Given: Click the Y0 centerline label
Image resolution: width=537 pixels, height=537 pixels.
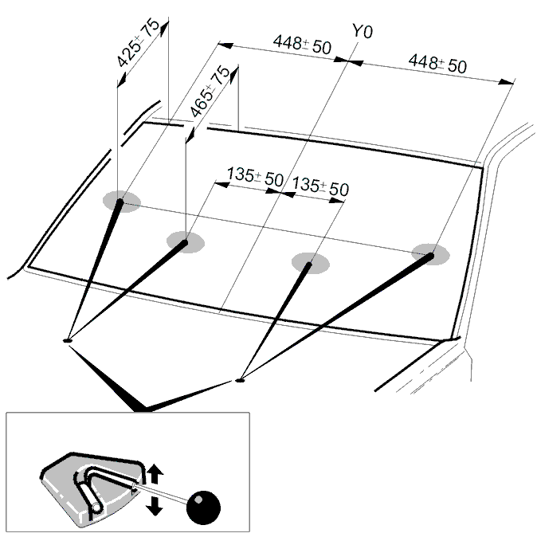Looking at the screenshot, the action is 363,31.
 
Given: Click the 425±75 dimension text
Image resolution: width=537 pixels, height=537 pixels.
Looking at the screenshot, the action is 138,43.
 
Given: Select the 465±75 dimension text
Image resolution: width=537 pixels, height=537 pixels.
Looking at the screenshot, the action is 210,91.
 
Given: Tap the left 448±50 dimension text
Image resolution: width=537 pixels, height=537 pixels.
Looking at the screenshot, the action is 302,45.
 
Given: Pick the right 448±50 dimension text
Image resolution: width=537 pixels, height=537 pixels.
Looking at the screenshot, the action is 437,64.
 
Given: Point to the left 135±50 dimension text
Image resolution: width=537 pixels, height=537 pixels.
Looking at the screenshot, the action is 255,176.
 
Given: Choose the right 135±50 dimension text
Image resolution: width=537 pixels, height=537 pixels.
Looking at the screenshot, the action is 320,186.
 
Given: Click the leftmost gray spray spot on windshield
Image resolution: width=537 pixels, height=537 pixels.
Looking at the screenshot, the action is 122,202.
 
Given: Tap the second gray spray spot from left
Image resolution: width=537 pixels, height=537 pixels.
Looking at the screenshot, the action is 186,242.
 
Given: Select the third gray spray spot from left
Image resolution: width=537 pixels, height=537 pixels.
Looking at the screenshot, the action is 311,264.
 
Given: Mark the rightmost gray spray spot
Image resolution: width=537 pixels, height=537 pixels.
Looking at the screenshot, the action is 430,254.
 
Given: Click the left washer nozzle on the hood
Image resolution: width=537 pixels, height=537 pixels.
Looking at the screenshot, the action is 68,340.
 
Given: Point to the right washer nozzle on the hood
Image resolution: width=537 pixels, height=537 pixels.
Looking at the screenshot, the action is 240,380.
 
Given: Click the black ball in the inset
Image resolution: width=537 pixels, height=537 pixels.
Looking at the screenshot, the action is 203,508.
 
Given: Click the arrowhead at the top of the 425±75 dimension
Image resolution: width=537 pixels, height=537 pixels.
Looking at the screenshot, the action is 165,28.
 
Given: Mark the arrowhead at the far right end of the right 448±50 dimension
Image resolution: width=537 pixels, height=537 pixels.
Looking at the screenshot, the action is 506,82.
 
